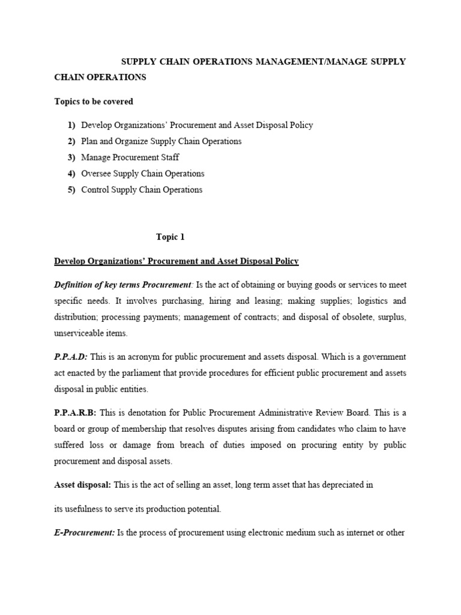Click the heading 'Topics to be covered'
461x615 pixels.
click(94, 101)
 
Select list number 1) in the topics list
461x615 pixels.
click(71, 125)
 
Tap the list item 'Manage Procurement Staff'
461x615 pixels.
click(130, 157)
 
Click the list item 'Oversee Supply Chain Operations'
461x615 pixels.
click(142, 174)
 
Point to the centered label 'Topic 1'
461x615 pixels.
click(170, 237)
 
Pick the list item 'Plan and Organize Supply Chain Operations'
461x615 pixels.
click(161, 141)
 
